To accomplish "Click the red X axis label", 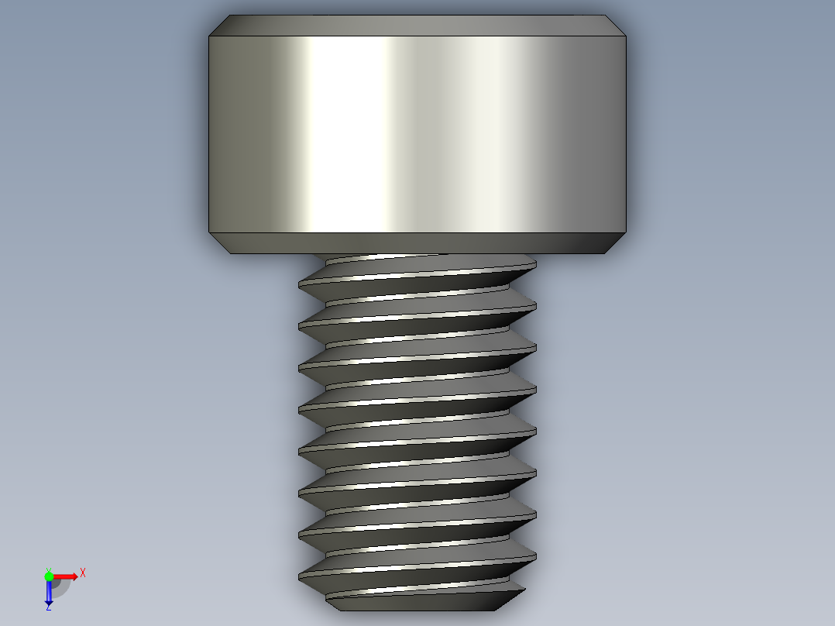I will pos(83,573).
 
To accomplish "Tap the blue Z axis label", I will pos(48,608).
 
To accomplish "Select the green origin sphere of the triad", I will pos(49,576).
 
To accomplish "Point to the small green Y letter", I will pos(48,569).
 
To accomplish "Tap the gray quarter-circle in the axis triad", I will pos(60,586).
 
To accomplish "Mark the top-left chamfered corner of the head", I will pos(219,26).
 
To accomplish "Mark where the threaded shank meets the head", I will pos(418,255).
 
